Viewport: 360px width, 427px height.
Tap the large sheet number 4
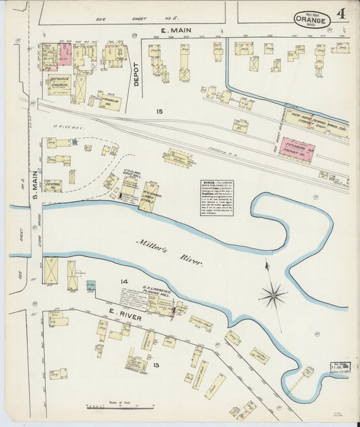pos(342,14)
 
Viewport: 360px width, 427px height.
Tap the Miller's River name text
pos(160,251)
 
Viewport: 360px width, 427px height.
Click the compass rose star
pos(272,295)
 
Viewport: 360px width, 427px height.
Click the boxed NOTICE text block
pos(217,198)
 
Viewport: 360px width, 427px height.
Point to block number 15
pos(159,111)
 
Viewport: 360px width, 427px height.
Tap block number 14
pos(105,280)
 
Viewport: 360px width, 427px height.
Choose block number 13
pos(157,366)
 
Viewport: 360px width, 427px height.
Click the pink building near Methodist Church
pos(65,53)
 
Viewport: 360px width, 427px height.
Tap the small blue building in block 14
pos(91,286)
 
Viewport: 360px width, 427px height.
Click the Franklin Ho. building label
pos(109,101)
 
